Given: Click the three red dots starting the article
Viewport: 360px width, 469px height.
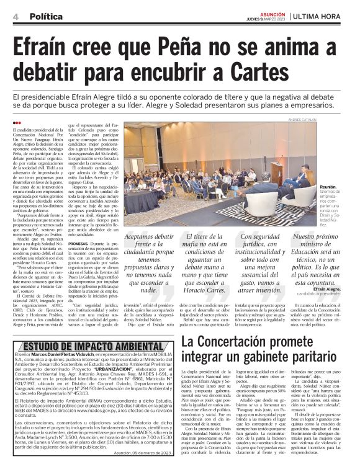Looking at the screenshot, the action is click(x=16, y=123).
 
